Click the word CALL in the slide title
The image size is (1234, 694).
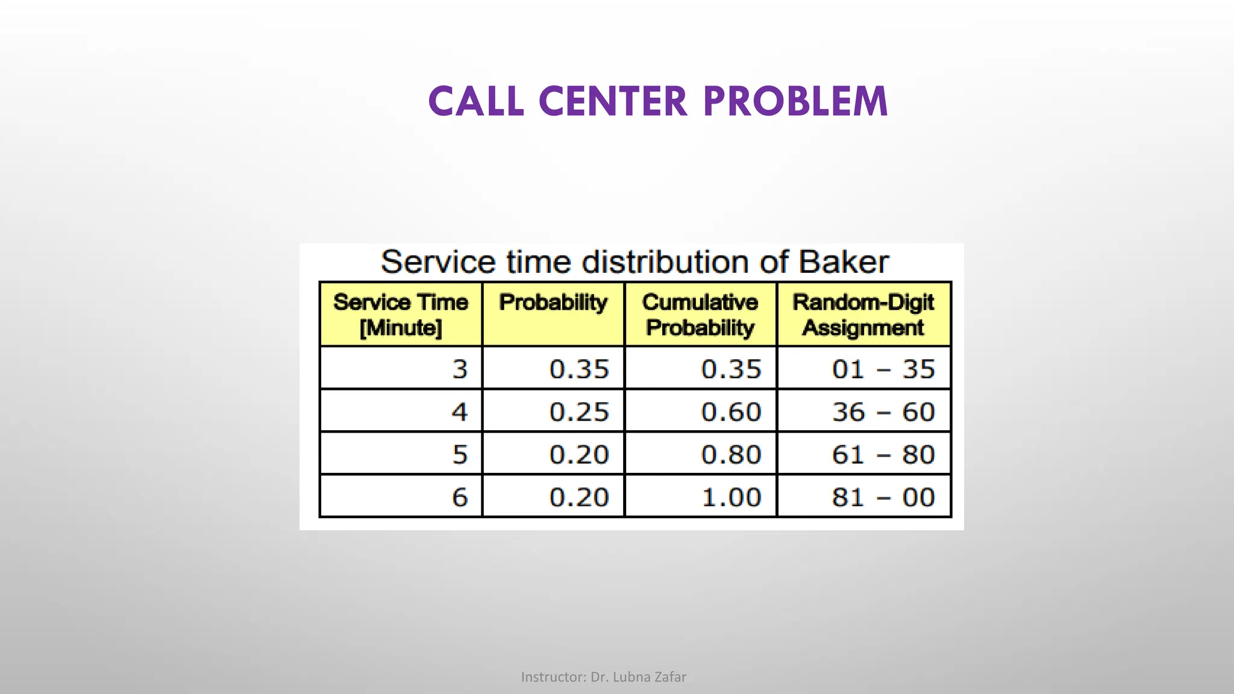476,101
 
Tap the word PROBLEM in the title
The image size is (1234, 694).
795,101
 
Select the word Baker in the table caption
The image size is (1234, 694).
843,262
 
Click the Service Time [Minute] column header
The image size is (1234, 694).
401,314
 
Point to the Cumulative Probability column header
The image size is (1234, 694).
700,314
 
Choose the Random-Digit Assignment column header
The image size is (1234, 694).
863,314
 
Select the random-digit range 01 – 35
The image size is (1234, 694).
883,369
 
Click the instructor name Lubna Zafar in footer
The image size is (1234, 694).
649,677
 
